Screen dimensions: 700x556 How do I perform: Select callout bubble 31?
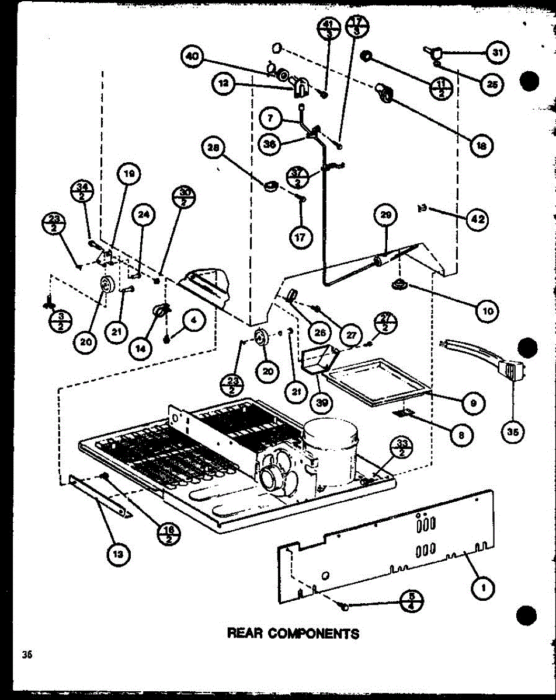pyautogui.click(x=496, y=53)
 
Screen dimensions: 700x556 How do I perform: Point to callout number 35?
pyautogui.click(x=513, y=432)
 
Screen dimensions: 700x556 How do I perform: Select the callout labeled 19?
pyautogui.click(x=128, y=173)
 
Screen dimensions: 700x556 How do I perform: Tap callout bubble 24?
pyautogui.click(x=143, y=215)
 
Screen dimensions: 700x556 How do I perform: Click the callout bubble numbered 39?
pyautogui.click(x=321, y=402)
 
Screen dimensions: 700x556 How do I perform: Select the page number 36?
pyautogui.click(x=26, y=654)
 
